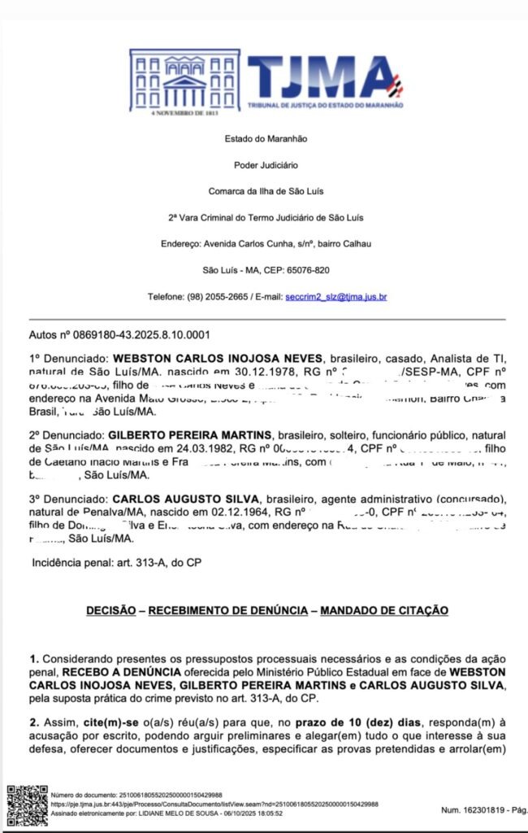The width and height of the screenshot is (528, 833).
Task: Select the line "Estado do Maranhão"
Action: (x=266, y=139)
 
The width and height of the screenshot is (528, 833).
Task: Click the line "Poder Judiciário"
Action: (x=266, y=165)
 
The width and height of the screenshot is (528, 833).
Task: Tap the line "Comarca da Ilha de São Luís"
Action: (x=266, y=191)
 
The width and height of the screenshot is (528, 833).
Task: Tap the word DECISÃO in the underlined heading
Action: (x=114, y=610)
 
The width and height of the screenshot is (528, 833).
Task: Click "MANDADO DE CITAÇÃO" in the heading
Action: (x=384, y=610)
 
